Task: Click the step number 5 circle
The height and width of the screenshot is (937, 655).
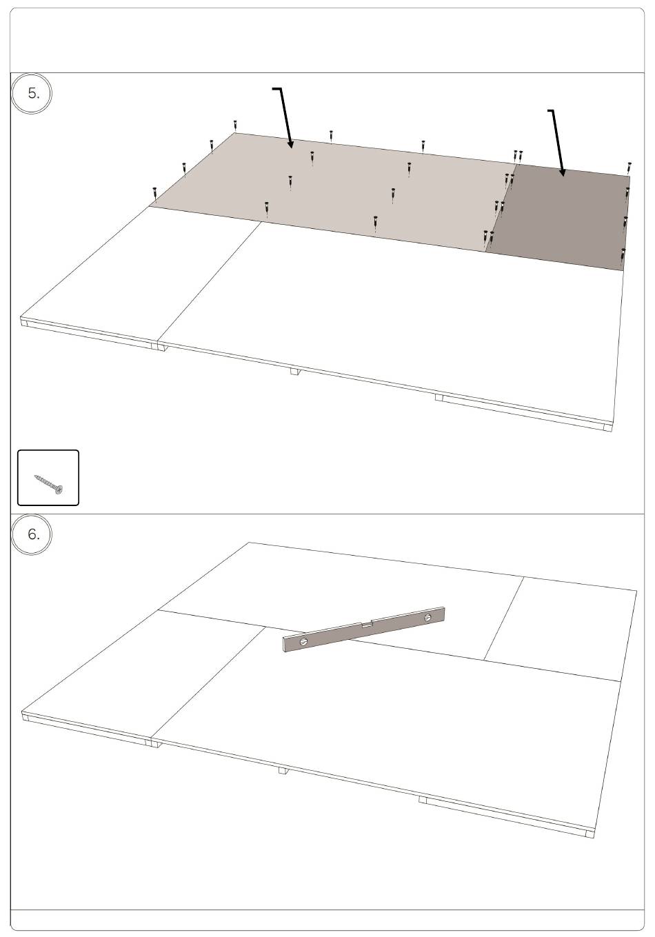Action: tap(31, 93)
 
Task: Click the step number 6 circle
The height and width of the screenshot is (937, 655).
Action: tap(31, 534)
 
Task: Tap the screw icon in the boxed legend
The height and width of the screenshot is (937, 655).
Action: tap(48, 483)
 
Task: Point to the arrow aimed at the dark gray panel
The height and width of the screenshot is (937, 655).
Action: tap(557, 142)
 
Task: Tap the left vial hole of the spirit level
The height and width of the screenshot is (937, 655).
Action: tap(303, 641)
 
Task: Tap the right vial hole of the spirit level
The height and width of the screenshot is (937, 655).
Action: tap(427, 617)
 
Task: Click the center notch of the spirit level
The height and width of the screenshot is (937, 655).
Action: tap(367, 625)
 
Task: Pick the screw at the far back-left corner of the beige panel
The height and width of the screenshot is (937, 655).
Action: tap(236, 126)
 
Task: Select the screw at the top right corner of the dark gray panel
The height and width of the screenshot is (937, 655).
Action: tap(629, 168)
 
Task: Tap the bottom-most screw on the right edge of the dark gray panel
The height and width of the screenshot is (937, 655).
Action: tap(623, 254)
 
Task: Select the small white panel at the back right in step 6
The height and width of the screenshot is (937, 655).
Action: tap(561, 627)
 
